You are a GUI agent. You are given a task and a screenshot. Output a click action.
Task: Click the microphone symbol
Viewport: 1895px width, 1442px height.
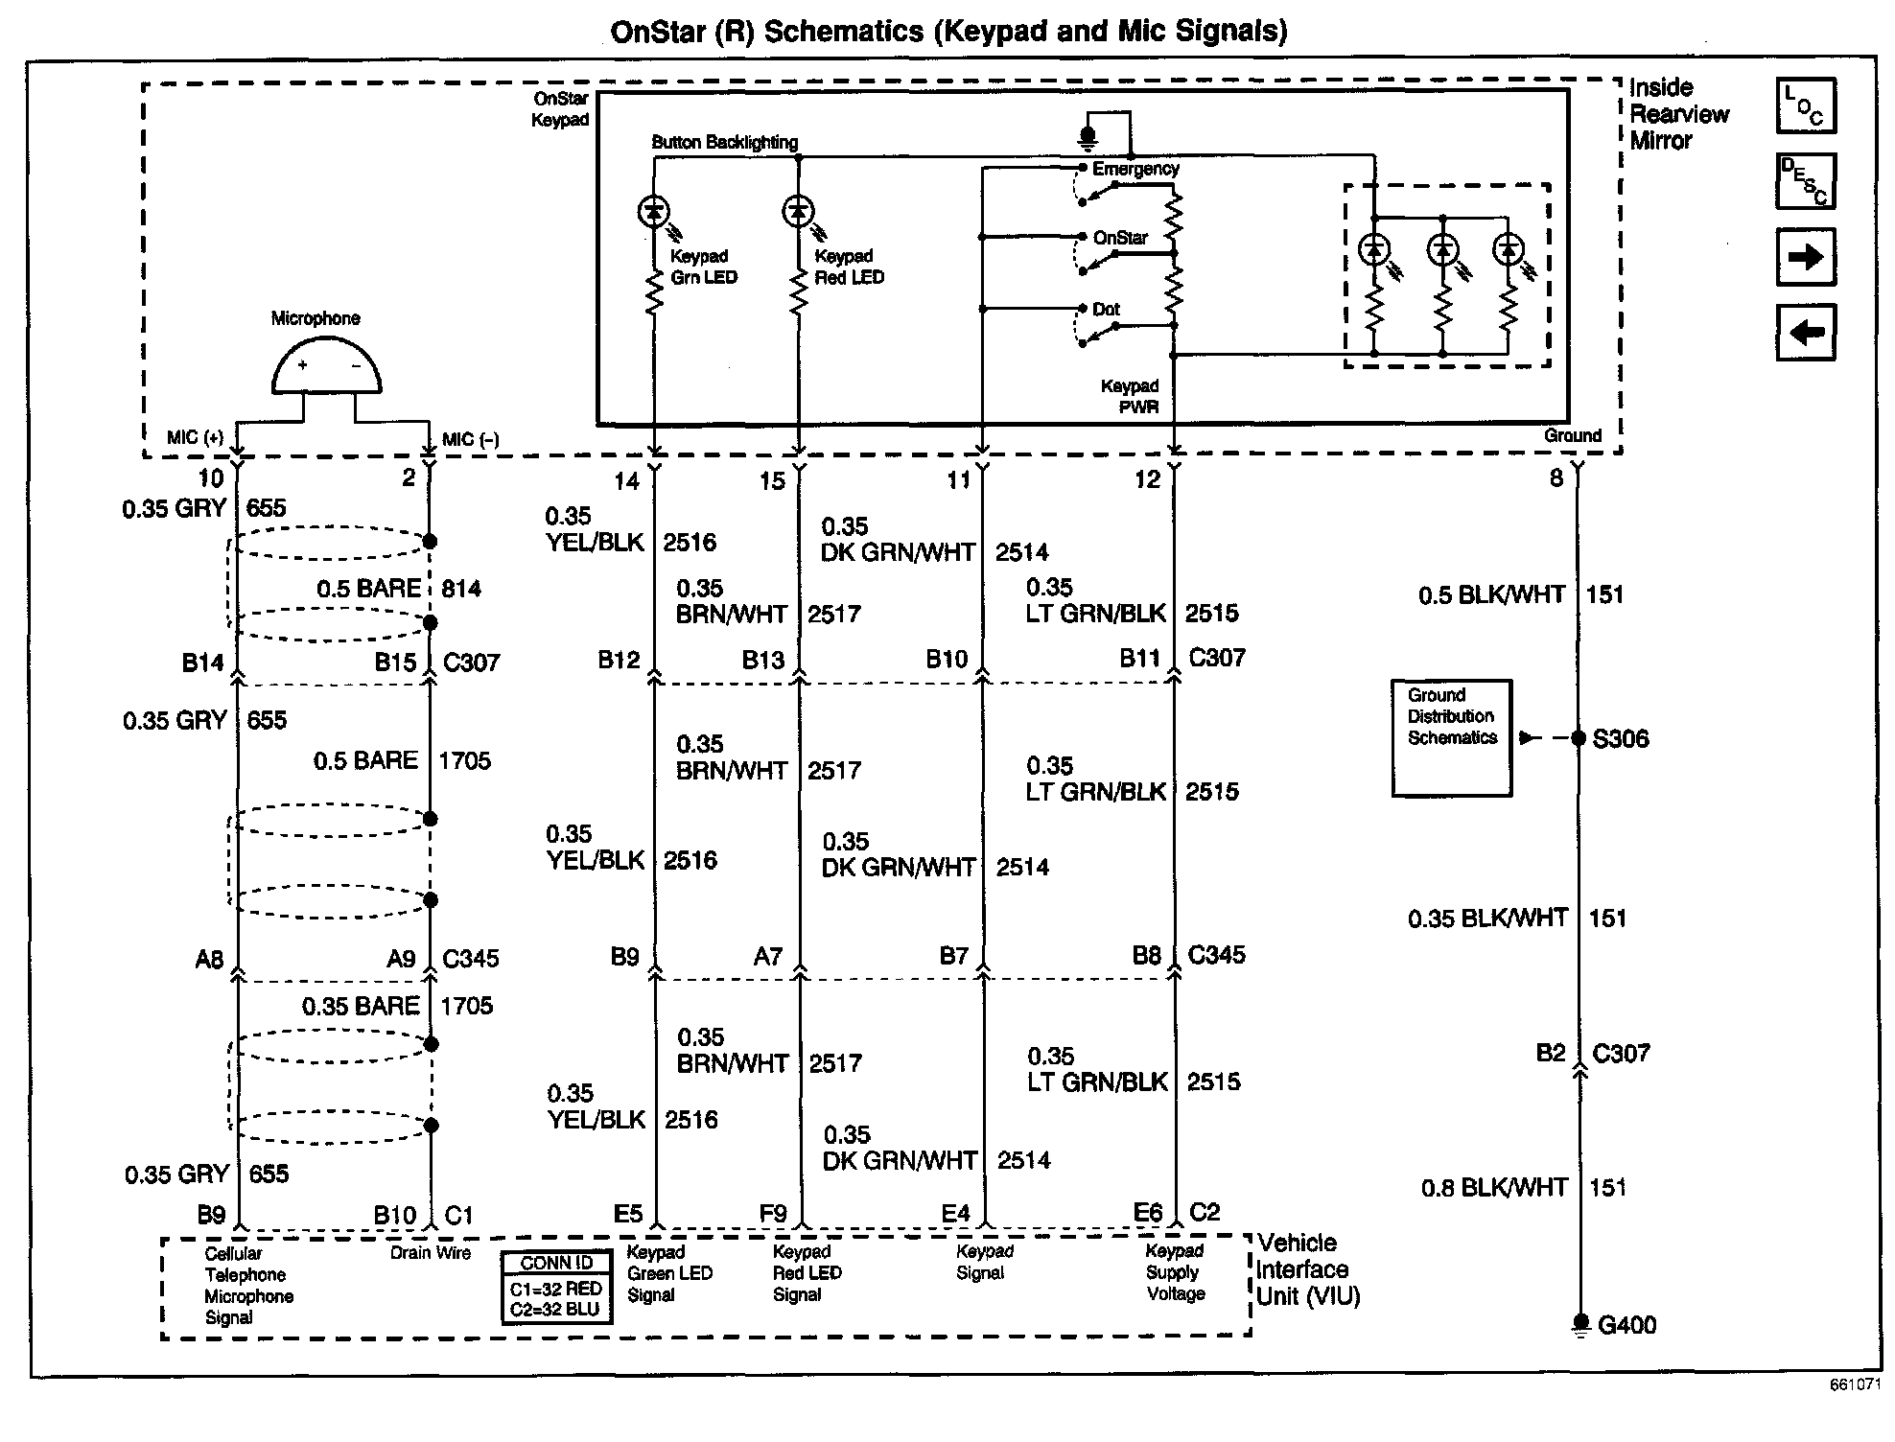(x=326, y=369)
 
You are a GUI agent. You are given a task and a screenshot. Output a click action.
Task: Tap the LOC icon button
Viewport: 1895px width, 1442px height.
(x=1806, y=105)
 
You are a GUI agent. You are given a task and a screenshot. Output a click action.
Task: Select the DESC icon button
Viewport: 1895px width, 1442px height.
(x=1806, y=181)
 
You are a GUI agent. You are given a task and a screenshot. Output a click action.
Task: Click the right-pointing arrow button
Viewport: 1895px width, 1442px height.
(x=1806, y=257)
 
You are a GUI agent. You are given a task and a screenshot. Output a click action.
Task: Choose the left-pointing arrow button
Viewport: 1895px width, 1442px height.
(x=1806, y=333)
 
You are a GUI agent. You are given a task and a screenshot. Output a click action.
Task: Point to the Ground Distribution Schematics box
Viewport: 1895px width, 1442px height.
(x=1451, y=737)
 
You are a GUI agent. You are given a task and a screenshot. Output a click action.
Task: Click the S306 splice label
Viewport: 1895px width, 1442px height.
(x=1620, y=738)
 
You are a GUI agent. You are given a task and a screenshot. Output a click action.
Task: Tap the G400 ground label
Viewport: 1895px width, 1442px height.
(x=1626, y=1325)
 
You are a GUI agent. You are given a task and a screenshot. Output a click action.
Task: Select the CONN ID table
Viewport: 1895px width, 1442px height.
(x=556, y=1287)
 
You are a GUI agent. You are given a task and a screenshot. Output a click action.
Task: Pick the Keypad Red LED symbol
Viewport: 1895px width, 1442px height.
(x=799, y=211)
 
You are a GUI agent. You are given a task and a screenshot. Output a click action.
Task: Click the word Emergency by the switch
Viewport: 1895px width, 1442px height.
(x=1135, y=169)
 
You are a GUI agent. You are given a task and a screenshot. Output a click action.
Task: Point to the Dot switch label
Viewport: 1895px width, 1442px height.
(x=1106, y=310)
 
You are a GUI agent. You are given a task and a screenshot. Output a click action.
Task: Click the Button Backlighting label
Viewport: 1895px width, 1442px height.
(x=724, y=142)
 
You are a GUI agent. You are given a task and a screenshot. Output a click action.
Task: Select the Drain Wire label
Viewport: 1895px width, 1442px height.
(x=431, y=1252)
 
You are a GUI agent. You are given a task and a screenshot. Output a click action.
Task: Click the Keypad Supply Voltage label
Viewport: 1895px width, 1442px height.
(x=1175, y=1272)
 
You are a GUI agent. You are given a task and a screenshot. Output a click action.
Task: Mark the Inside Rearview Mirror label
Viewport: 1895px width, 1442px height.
(x=1678, y=114)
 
